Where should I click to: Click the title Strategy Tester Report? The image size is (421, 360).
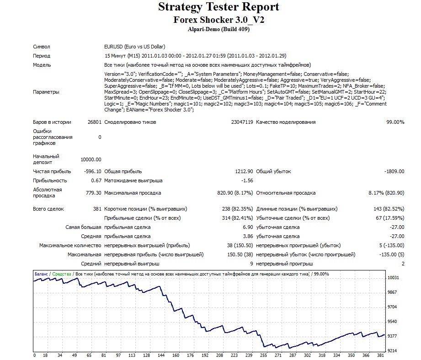(218, 7)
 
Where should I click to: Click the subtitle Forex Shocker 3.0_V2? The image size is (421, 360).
(218, 20)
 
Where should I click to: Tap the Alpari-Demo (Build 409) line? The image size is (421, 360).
(218, 29)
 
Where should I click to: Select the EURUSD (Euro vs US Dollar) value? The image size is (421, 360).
(134, 47)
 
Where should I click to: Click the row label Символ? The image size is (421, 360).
(41, 47)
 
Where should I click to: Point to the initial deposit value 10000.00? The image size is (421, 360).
(91, 159)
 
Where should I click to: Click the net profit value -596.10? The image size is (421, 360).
(93, 171)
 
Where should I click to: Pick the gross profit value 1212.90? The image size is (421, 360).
(244, 171)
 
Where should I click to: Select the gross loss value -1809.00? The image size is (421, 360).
(394, 171)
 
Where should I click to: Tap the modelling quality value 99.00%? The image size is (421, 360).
(395, 122)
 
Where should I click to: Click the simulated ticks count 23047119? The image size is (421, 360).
(242, 122)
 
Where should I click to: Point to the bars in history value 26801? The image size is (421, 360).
(95, 122)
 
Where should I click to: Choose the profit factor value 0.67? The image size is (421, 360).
(96, 180)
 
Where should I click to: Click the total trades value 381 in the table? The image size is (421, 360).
(97, 209)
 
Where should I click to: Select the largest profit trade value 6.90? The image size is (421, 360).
(248, 227)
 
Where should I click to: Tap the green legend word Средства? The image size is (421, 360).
(62, 274)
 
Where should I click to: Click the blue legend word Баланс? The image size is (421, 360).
(41, 274)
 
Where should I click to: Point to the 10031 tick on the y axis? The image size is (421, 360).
(393, 278)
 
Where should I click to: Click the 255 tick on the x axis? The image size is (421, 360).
(264, 355)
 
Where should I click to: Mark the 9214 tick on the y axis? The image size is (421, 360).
(392, 350)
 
